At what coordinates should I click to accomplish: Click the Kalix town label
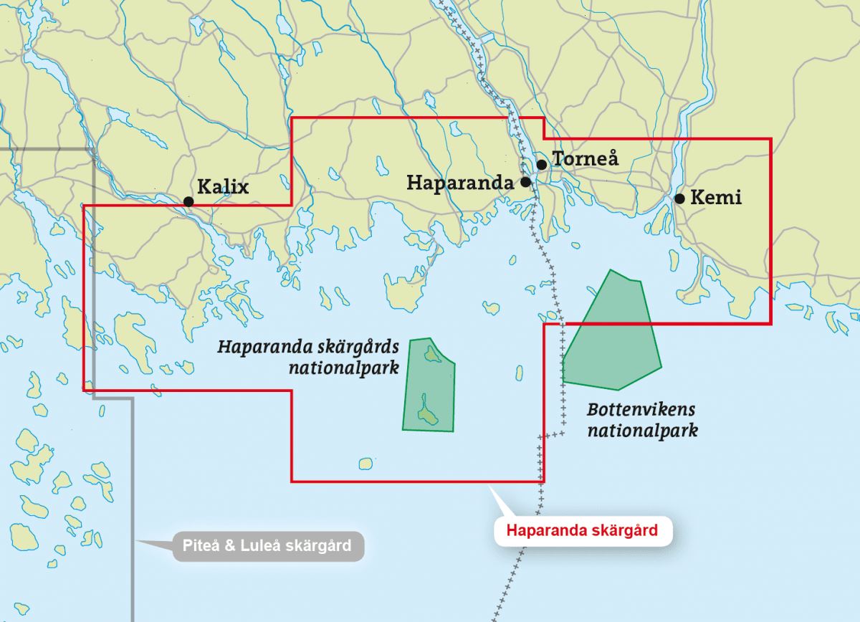click(x=222, y=188)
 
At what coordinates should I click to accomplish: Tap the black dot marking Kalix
click(x=188, y=202)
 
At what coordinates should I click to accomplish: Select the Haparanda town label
click(x=459, y=183)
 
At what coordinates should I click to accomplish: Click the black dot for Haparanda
click(x=525, y=182)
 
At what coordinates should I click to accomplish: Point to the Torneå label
click(x=586, y=158)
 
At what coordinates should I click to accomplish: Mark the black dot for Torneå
click(x=542, y=165)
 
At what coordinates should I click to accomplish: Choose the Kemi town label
click(x=715, y=198)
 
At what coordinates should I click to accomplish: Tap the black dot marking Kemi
click(x=679, y=198)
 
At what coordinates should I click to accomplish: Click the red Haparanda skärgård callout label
click(x=582, y=531)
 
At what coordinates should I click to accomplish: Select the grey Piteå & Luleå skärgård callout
click(x=268, y=546)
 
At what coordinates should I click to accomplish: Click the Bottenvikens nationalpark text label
click(x=642, y=421)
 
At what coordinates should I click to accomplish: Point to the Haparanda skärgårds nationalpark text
click(x=308, y=358)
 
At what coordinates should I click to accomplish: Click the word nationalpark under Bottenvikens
click(x=642, y=431)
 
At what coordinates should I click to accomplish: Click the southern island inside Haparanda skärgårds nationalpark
click(x=427, y=415)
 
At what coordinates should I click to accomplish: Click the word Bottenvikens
click(x=641, y=410)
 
